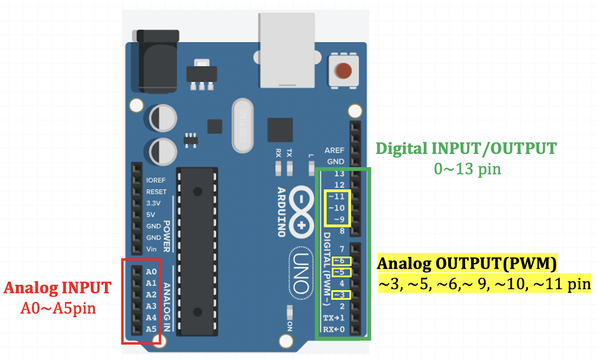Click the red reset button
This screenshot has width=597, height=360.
pos(343,71)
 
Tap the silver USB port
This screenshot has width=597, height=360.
pos(287,51)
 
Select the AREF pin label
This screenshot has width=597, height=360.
pos(334,150)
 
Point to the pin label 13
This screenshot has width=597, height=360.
pos(339,174)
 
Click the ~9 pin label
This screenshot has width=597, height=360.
pos(339,219)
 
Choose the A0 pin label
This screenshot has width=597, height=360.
pos(151,271)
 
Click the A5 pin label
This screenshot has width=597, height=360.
pos(151,329)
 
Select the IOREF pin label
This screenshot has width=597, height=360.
pos(156,180)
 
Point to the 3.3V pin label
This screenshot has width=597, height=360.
pos(153,203)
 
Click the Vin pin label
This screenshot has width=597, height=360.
pos(151,249)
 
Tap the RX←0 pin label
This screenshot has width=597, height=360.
pos(334,329)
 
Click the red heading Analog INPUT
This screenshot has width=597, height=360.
pos(57,288)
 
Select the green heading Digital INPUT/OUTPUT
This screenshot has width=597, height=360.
pos(466,148)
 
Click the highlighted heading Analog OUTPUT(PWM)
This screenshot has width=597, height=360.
pos(467,263)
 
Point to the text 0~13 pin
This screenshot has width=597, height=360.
pos(467,169)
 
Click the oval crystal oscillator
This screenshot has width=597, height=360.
pos(243,125)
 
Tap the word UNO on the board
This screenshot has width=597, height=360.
pos(301,273)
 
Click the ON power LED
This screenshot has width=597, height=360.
pos(290,312)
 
